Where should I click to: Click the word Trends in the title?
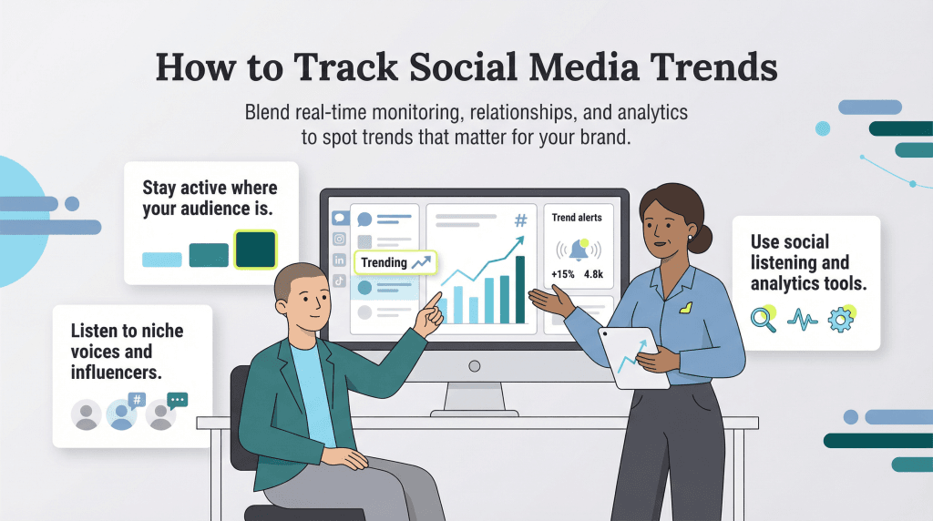713,66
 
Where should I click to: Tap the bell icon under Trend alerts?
579,250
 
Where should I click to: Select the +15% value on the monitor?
562,274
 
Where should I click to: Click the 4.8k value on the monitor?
593,274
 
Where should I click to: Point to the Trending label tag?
395,262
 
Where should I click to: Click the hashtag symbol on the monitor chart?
520,220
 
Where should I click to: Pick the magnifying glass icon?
764,318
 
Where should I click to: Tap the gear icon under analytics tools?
841,319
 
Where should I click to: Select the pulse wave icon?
802,320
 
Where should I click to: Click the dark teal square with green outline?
256,250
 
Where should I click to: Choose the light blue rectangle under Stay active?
162,260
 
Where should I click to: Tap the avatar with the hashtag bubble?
121,414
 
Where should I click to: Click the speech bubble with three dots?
178,401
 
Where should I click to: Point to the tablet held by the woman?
634,357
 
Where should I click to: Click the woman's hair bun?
700,239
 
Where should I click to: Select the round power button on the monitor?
474,366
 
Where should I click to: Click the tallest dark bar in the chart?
520,290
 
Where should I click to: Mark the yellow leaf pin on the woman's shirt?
686,308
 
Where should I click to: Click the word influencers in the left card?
116,373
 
